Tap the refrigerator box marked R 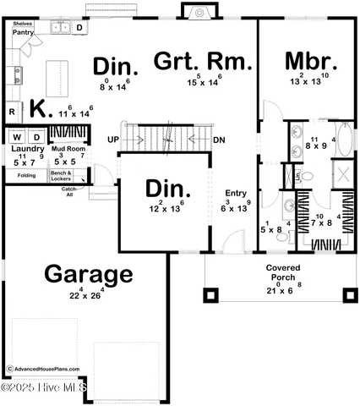pos(13,112)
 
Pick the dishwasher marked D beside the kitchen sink pos(80,28)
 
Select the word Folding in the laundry pos(25,176)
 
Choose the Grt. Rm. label pos(202,62)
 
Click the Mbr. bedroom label pos(311,62)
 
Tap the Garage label pos(88,274)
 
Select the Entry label pos(236,193)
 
